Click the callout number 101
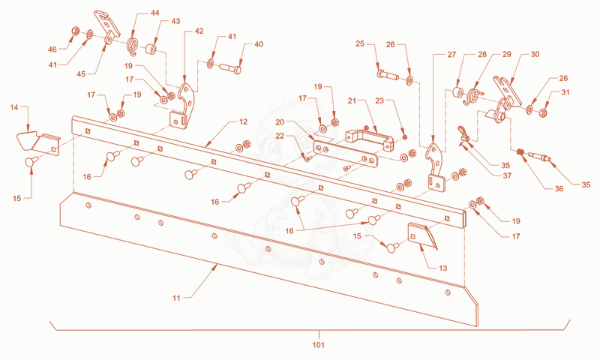tap(318, 345)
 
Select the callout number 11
tap(176, 298)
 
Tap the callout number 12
tap(243, 121)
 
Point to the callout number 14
tap(14, 107)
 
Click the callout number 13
tap(442, 268)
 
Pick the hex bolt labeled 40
tap(230, 69)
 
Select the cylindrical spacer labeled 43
tap(151, 49)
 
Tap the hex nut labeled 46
tap(76, 31)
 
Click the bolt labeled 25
tap(388, 74)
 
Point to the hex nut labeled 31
tap(542, 112)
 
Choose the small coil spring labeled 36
tap(520, 152)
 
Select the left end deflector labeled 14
tap(37, 141)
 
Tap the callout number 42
tap(199, 31)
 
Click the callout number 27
tap(451, 55)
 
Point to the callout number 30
tap(535, 54)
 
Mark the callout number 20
tap(280, 122)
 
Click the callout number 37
tap(507, 176)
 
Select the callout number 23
tap(379, 101)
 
